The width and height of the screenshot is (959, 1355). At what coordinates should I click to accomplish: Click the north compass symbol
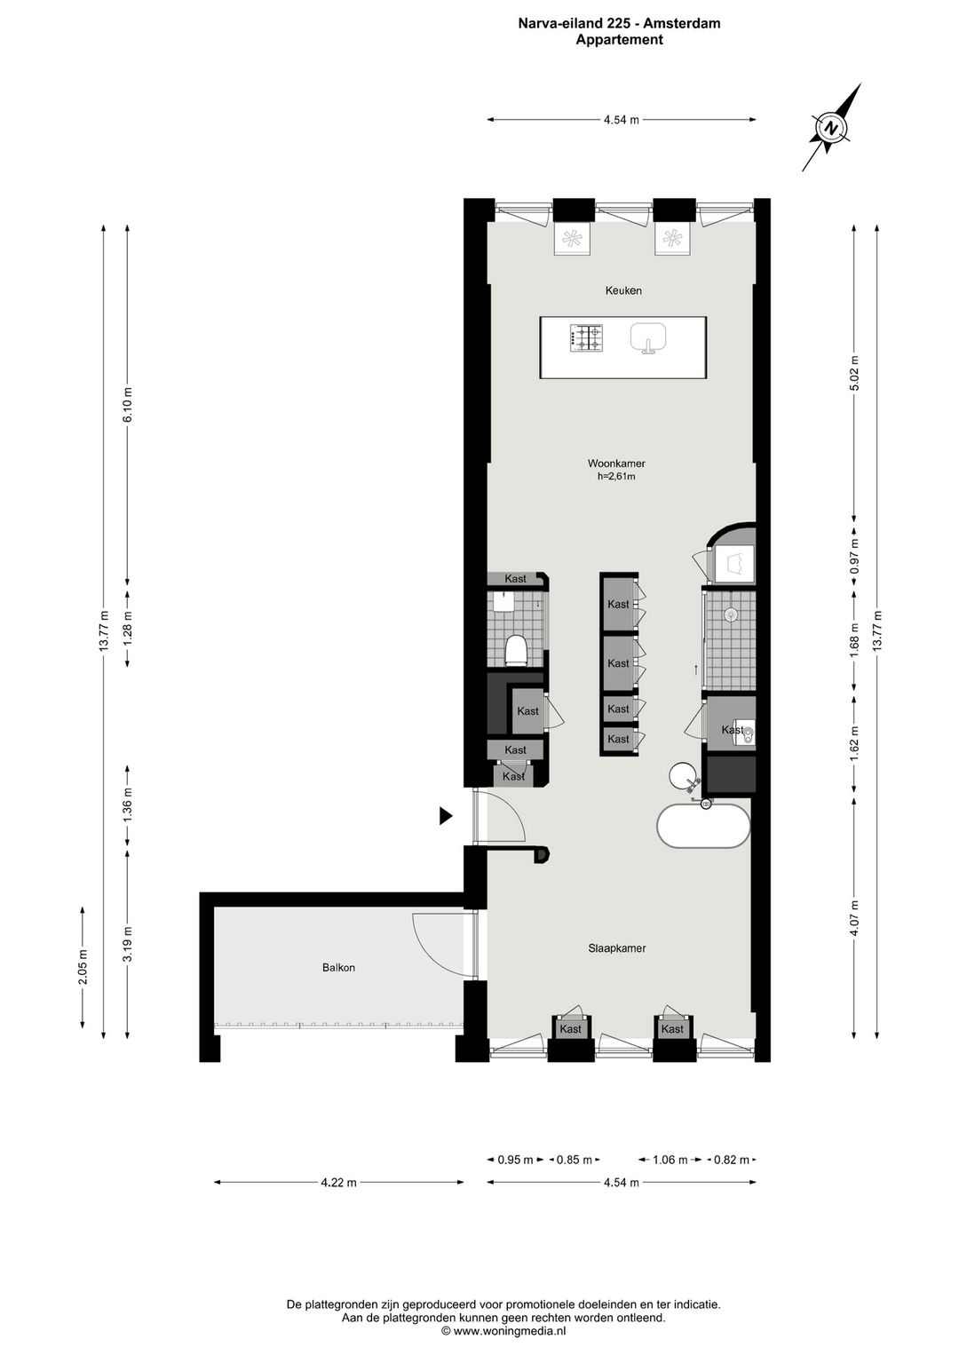[833, 128]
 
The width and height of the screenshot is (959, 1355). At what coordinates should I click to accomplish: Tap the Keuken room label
[623, 290]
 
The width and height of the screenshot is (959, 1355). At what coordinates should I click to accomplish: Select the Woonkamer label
[616, 464]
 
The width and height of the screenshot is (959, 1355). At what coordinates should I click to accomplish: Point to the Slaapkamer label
[616, 948]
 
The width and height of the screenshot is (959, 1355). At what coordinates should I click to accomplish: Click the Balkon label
[338, 967]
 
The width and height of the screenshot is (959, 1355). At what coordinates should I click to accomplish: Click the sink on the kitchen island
[648, 337]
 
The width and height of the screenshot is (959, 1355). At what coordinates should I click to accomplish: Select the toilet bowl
[516, 650]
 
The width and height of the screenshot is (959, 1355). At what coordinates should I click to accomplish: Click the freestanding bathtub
[703, 826]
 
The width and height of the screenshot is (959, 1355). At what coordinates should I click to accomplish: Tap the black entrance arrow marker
[446, 816]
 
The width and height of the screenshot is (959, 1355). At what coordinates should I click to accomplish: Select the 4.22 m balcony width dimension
[339, 1182]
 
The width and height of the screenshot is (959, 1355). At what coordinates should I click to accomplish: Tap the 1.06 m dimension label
[670, 1160]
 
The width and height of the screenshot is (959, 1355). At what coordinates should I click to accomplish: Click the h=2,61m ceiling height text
[616, 476]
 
